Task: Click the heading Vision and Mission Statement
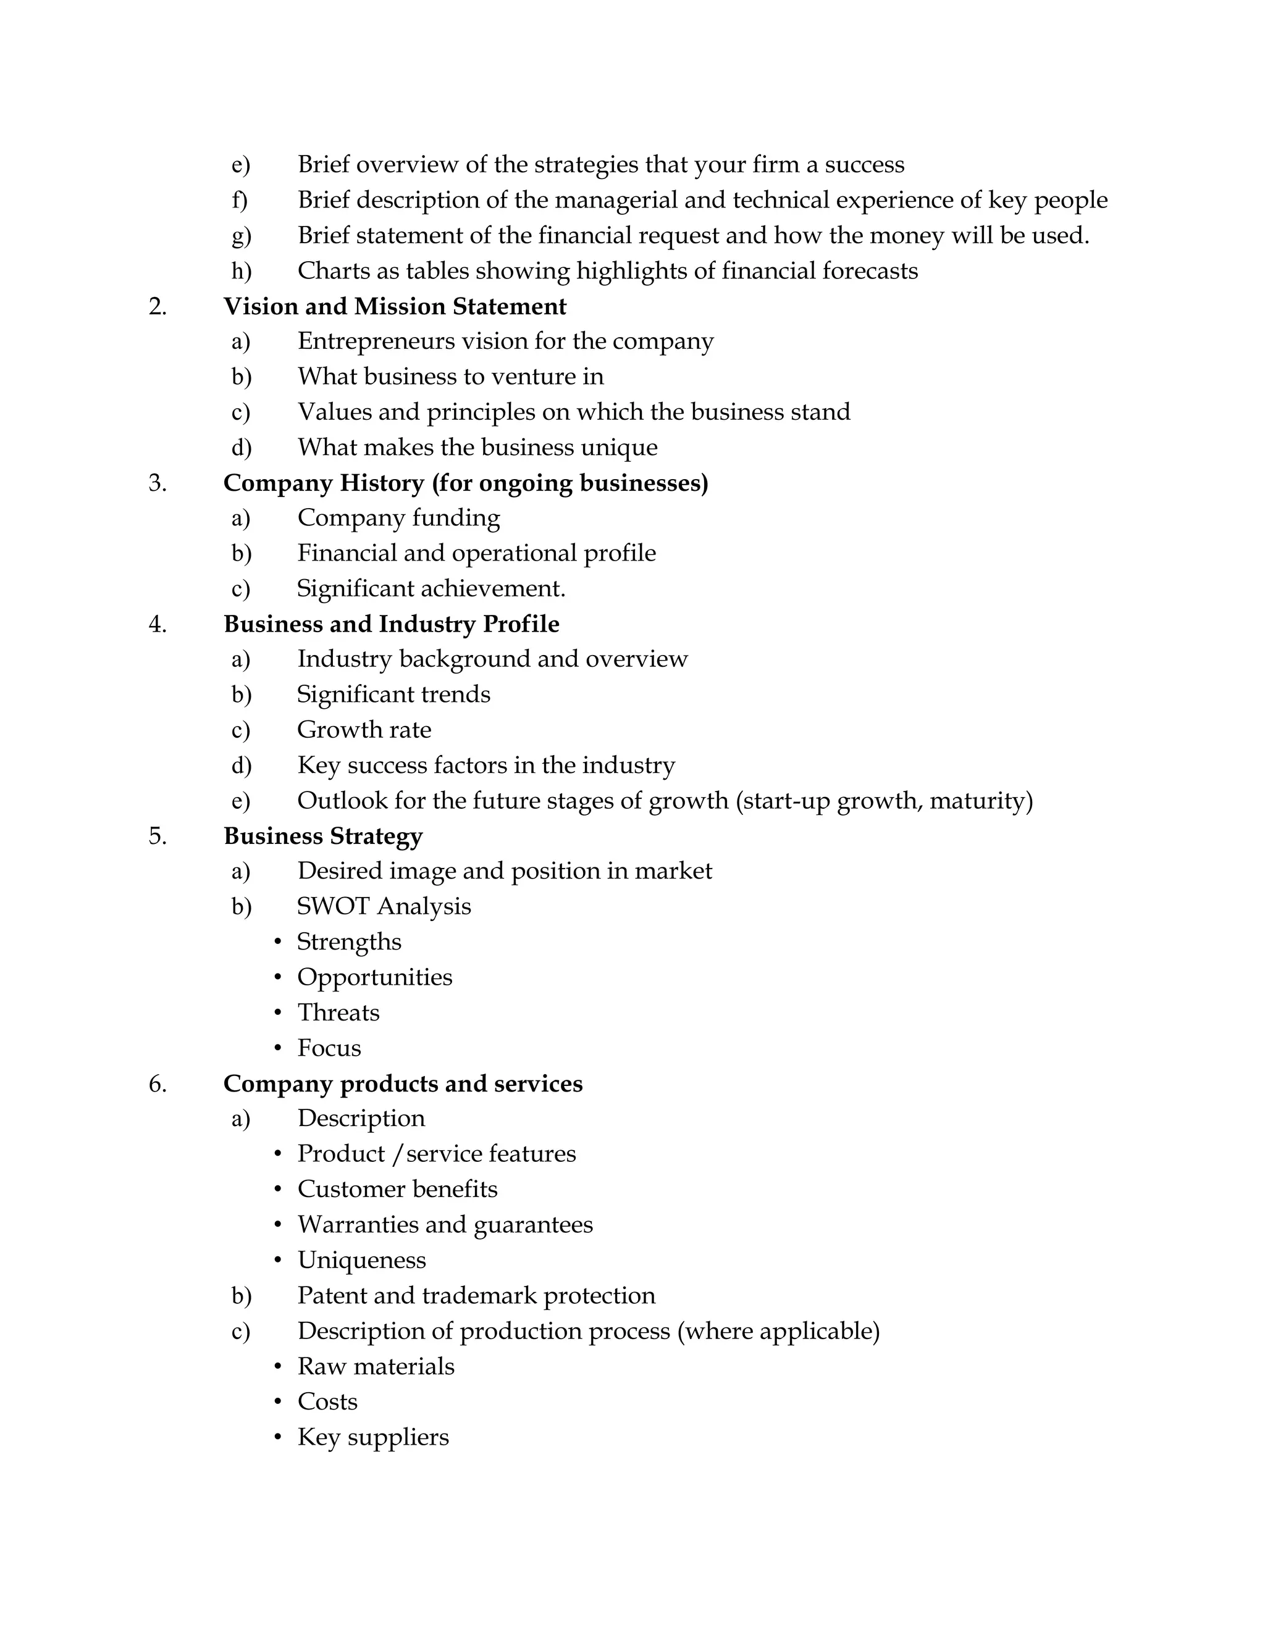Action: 394,306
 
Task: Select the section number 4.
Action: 158,624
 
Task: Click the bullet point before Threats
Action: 278,1012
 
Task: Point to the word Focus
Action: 329,1048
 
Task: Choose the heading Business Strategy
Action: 323,836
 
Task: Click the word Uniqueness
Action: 361,1260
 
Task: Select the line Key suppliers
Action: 372,1437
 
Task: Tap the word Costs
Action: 327,1401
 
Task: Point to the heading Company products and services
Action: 403,1084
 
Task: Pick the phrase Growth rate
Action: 364,730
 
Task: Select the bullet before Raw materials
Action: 278,1366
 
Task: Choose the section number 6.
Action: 158,1084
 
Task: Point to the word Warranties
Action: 358,1225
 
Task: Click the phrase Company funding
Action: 398,517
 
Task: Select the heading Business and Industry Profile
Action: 391,624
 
